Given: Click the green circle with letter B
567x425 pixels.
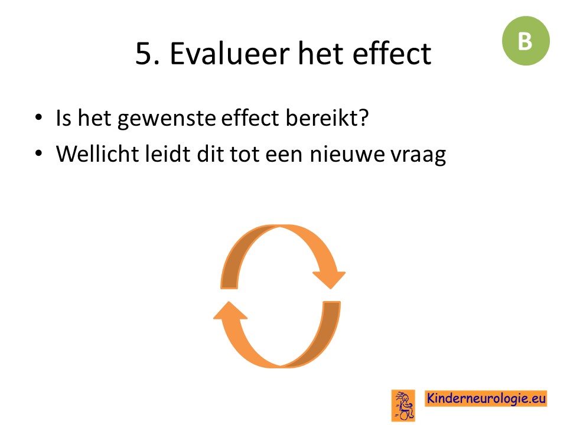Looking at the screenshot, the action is pyautogui.click(x=526, y=41).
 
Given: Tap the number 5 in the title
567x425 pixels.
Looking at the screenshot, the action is pyautogui.click(x=143, y=54).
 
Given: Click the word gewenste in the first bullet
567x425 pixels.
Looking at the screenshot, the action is pyautogui.click(x=167, y=119).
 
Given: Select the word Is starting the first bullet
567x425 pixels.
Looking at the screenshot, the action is pyautogui.click(x=63, y=118).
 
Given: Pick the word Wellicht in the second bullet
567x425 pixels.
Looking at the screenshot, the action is pyautogui.click(x=97, y=153).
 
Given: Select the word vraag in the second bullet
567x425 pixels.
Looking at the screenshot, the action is pyautogui.click(x=418, y=156).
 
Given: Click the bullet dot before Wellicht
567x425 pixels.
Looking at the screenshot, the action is pyautogui.click(x=39, y=153).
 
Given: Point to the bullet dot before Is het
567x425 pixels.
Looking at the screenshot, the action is pyautogui.click(x=39, y=117).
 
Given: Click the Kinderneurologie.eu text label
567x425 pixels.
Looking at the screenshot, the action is pyautogui.click(x=485, y=398).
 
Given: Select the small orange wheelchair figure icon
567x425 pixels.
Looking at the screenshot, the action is pyautogui.click(x=403, y=406).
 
